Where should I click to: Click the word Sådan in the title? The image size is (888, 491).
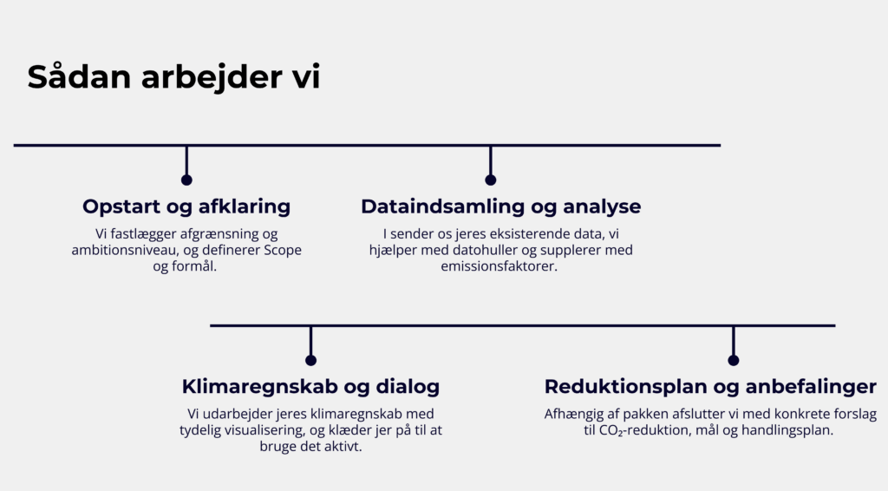[x=79, y=76]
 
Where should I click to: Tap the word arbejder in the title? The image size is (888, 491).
[x=213, y=77]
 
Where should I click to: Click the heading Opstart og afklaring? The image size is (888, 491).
[x=186, y=206]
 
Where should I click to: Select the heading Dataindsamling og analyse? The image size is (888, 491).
[x=500, y=206]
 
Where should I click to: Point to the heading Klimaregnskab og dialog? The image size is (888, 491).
[x=310, y=387]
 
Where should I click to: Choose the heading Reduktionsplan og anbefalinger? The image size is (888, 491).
[x=710, y=387]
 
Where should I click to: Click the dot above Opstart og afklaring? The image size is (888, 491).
[x=186, y=180]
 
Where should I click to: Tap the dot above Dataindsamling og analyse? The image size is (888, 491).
[x=491, y=180]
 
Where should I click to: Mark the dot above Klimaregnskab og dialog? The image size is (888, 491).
[x=311, y=360]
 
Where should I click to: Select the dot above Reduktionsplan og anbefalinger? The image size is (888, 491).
[x=734, y=360]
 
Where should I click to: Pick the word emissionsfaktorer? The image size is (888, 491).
[x=499, y=266]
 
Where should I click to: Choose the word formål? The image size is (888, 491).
[x=201, y=266]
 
